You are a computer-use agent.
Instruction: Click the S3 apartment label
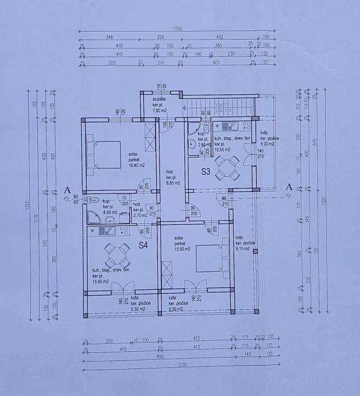[206, 171]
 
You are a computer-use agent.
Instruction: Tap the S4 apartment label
[144, 245]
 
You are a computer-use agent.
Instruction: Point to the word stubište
[159, 100]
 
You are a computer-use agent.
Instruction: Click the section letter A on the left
[68, 189]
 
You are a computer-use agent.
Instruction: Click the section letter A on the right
[289, 187]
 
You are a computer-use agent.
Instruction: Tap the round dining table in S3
[228, 168]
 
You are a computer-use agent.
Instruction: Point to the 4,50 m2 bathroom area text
[110, 212]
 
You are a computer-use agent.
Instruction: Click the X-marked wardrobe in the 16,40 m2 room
[150, 138]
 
